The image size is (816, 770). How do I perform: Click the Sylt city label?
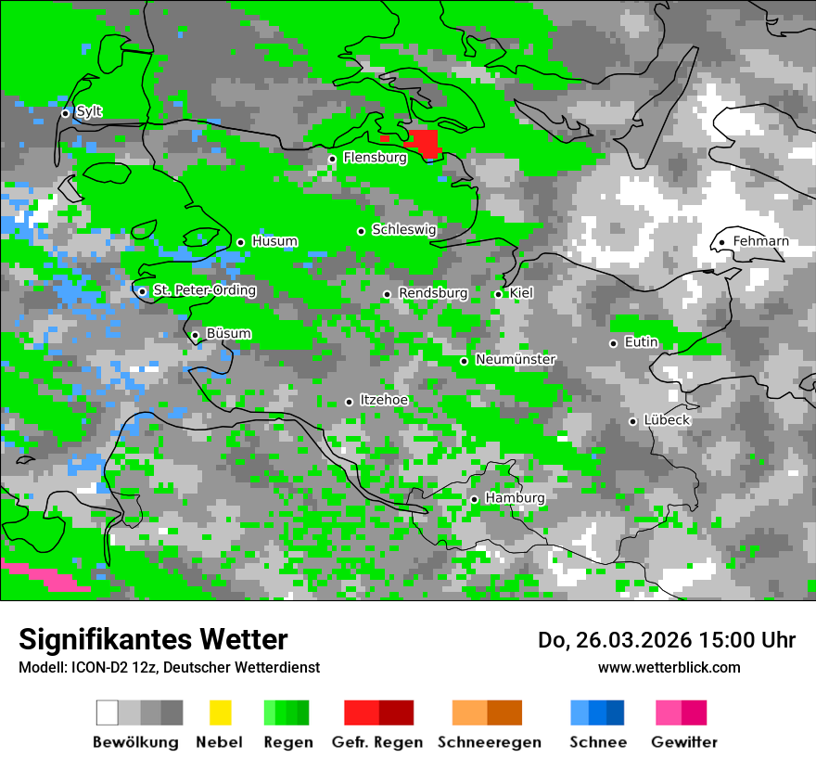click(x=89, y=111)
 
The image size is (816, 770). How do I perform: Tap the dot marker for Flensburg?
click(x=332, y=159)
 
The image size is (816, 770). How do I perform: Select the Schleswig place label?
click(x=403, y=229)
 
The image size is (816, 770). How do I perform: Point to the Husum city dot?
click(x=240, y=242)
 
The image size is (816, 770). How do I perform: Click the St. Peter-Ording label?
click(x=204, y=290)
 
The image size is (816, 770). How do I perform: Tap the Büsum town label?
click(x=228, y=334)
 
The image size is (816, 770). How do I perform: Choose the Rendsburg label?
click(x=433, y=293)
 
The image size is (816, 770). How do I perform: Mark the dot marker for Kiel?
click(x=498, y=294)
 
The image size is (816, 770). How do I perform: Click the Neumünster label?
click(x=516, y=359)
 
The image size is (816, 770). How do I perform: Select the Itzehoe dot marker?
click(x=349, y=402)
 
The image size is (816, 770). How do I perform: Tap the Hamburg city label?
click(x=515, y=498)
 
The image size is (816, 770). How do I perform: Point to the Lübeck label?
click(x=667, y=420)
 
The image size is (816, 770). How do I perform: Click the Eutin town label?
click(x=641, y=342)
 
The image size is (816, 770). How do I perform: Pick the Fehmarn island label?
click(x=760, y=241)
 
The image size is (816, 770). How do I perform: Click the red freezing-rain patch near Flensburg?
click(x=424, y=143)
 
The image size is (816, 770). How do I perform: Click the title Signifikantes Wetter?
click(x=153, y=639)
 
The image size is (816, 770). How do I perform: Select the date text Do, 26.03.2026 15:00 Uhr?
click(x=666, y=640)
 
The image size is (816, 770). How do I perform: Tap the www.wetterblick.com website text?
click(x=669, y=667)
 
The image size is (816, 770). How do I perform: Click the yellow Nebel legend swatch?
click(x=220, y=712)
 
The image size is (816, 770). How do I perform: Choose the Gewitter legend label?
click(x=683, y=742)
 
